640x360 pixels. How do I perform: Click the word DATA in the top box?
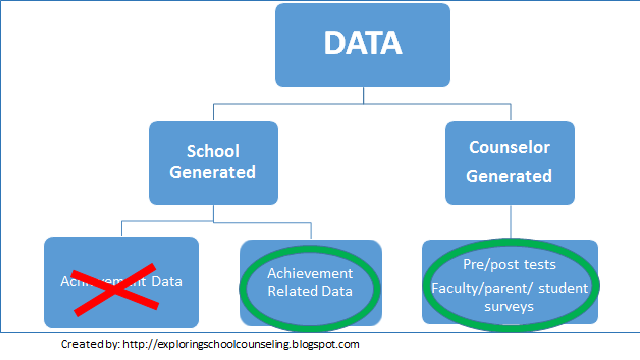point(362,44)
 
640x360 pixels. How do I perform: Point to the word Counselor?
point(511,147)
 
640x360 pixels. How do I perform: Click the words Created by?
point(87,344)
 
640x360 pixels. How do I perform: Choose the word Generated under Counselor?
point(511,176)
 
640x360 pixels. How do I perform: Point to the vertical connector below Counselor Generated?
point(510,220)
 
